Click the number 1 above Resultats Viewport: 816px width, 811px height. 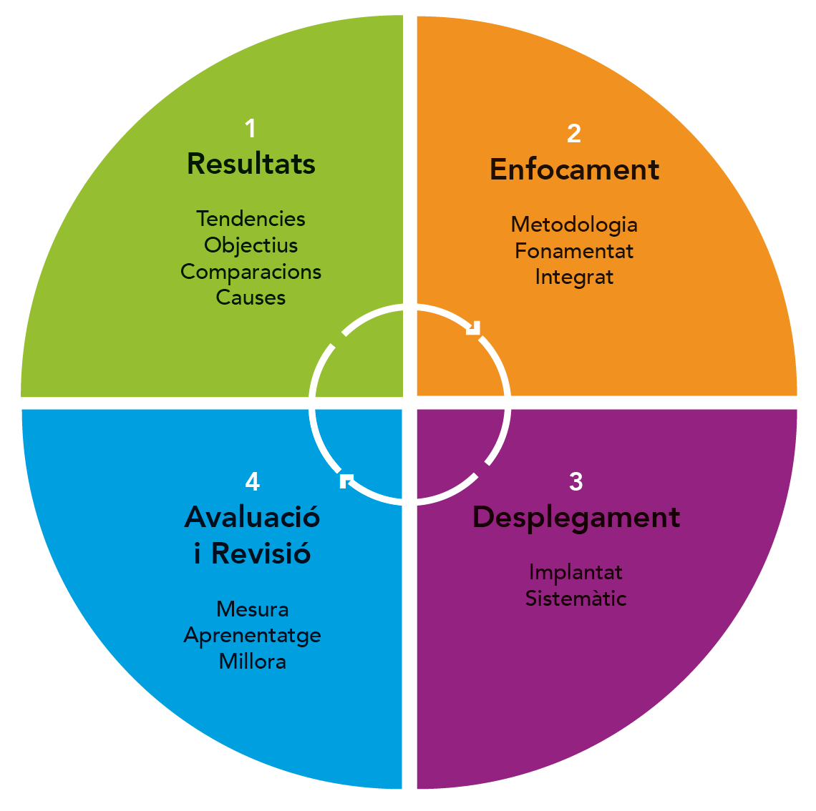[251, 129]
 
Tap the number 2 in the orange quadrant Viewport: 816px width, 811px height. [574, 134]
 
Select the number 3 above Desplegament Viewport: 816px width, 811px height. [575, 481]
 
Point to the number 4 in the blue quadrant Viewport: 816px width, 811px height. [253, 481]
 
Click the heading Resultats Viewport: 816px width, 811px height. [251, 164]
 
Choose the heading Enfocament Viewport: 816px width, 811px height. [575, 169]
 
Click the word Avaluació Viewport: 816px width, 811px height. [253, 517]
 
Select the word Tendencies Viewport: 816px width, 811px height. [251, 219]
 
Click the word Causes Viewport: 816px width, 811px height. [251, 298]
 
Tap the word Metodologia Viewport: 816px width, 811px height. [574, 225]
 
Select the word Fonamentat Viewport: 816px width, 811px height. [574, 252]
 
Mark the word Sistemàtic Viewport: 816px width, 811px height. [575, 599]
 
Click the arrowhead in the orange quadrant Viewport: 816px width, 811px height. [474, 328]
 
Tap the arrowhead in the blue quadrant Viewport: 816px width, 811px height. [346, 481]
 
